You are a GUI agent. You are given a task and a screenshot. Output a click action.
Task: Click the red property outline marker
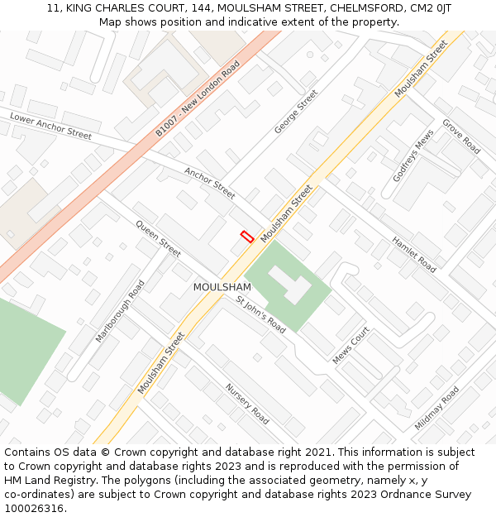[246, 236]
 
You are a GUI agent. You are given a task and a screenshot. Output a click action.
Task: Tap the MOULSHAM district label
[222, 287]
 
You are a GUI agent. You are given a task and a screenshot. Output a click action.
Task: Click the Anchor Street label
[210, 184]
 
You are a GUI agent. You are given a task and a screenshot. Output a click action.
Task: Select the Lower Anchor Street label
[51, 126]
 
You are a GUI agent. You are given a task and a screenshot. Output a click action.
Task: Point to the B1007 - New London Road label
[198, 98]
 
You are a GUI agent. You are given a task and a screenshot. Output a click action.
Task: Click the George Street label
[296, 112]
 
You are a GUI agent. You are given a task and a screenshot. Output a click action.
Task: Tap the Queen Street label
[158, 238]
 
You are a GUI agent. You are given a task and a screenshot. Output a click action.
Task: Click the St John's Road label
[260, 314]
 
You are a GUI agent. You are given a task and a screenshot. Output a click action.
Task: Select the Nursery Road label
[247, 404]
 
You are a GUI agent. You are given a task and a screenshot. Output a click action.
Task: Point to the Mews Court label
[351, 346]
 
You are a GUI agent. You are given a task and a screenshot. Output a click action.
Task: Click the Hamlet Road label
[414, 255]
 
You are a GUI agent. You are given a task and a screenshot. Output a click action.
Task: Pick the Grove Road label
[461, 136]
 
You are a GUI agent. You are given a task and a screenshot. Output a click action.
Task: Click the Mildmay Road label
[436, 408]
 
